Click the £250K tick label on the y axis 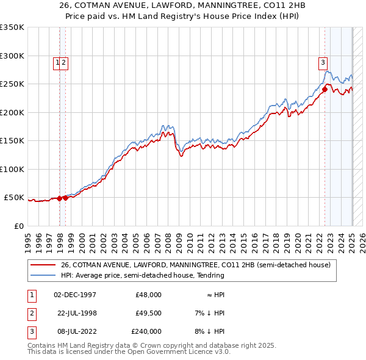pos(12,84)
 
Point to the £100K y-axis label pos(12,169)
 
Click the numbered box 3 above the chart pos(322,62)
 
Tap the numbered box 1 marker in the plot pos(57,62)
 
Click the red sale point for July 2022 pos(325,90)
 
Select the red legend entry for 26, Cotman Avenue pos(195,265)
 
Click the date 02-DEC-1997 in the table pos(75,295)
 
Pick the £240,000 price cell pos(146,331)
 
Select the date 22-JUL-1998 pos(75,313)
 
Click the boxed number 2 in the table pos(30,313)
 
